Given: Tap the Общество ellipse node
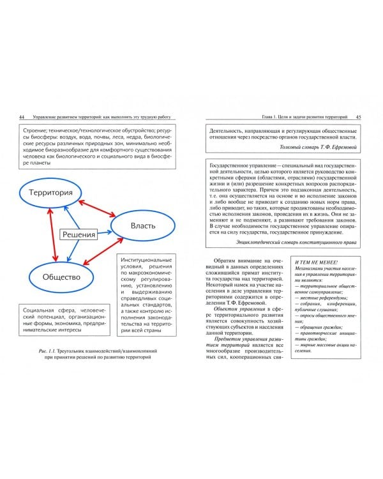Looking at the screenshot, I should (61, 277).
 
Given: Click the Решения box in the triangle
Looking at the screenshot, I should (79, 234).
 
